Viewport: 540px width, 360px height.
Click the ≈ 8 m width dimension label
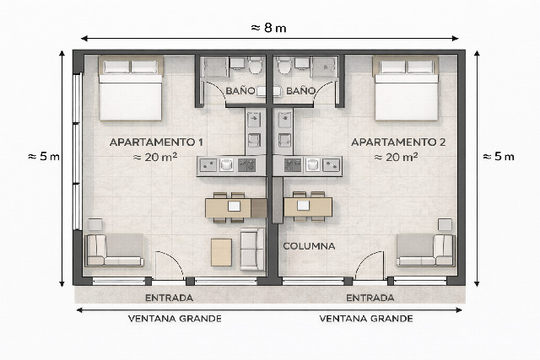pos(269,28)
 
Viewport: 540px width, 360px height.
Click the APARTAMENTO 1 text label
pos(156,142)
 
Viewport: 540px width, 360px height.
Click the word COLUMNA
pos(309,247)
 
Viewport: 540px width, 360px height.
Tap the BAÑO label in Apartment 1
pos(240,90)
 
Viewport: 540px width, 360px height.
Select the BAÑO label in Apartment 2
pos(300,90)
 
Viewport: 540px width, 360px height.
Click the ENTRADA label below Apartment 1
pos(169,298)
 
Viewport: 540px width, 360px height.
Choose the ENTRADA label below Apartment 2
pos(370,298)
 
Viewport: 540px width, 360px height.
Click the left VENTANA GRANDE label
pos(175,319)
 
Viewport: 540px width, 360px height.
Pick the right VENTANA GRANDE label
pos(366,319)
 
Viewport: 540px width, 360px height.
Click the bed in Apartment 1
pos(131,89)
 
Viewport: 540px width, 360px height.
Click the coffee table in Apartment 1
pos(221,251)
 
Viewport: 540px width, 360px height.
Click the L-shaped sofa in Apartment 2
pos(426,250)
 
